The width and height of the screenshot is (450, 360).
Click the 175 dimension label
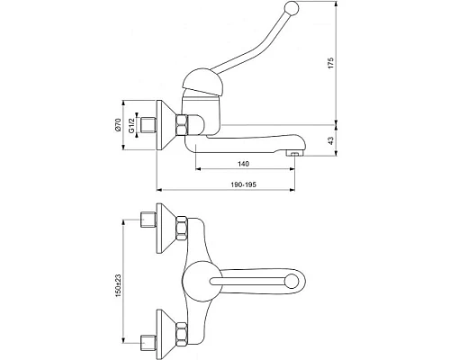coord(330,63)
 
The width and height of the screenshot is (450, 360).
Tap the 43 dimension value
coord(330,140)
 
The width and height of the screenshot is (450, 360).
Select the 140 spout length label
coord(243,164)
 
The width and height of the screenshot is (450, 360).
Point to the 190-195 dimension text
coord(244,184)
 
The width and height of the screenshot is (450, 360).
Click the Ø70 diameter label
coord(118,124)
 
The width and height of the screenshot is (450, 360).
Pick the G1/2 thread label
coord(131,125)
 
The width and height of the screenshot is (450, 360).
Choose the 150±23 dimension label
coord(118,286)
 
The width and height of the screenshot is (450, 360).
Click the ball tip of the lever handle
coord(291,6)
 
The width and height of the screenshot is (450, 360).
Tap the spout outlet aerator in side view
coord(294,154)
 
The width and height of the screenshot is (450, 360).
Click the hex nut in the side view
coord(182,125)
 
